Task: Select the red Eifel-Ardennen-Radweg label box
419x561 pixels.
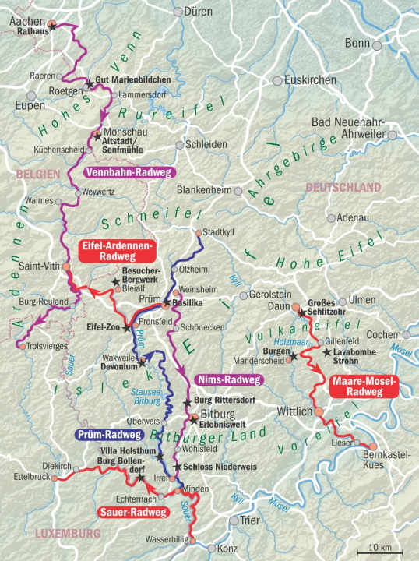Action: pyautogui.click(x=118, y=250)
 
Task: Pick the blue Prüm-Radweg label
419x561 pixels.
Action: pyautogui.click(x=110, y=435)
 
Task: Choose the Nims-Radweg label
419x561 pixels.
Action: pyautogui.click(x=231, y=379)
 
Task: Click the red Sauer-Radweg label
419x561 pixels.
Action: pyautogui.click(x=133, y=512)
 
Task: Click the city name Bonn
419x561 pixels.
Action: pyautogui.click(x=357, y=44)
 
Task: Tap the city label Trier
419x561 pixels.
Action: pyautogui.click(x=250, y=520)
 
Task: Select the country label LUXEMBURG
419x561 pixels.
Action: pyautogui.click(x=68, y=534)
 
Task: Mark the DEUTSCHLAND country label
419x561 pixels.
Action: pyautogui.click(x=343, y=188)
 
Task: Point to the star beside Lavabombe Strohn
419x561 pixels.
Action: pyautogui.click(x=326, y=351)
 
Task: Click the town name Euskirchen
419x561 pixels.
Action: pyautogui.click(x=311, y=79)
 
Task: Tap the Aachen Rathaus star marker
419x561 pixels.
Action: pyautogui.click(x=51, y=26)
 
